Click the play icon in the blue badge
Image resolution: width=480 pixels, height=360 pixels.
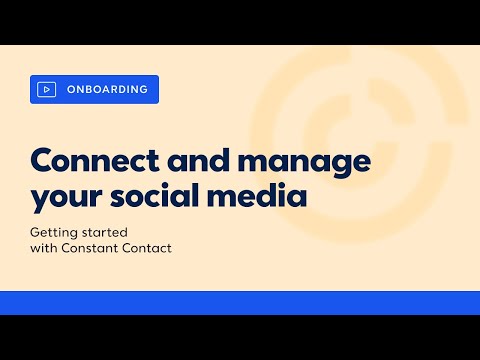pos(46,90)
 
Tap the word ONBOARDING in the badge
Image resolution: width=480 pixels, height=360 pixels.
pos(107,90)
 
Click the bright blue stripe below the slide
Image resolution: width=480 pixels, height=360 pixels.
pos(240,302)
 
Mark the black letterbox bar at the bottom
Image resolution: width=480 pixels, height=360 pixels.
pos(240,337)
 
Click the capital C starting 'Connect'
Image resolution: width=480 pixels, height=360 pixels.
pos(42,161)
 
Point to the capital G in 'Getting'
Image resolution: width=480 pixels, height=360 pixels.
pos(35,231)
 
